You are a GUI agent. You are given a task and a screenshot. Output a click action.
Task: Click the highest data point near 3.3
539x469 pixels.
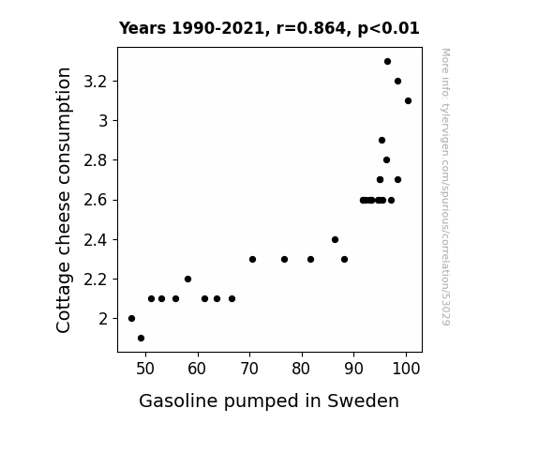(387, 62)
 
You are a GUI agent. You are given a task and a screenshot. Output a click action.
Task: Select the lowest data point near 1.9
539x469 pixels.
(141, 339)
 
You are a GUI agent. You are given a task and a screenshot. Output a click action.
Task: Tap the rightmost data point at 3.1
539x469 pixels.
(408, 100)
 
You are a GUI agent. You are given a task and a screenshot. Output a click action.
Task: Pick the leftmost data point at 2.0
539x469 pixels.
(131, 319)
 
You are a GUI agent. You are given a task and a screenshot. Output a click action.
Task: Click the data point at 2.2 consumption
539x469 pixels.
(187, 280)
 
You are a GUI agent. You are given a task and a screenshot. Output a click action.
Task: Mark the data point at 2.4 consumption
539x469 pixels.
(336, 239)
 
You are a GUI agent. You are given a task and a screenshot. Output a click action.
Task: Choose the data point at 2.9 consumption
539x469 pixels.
(382, 141)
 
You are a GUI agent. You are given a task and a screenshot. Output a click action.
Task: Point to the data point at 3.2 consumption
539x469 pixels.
(397, 82)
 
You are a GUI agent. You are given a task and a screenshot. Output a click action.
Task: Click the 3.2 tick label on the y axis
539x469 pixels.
(96, 82)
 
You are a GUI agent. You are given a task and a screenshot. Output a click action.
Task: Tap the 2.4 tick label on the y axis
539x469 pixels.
(96, 240)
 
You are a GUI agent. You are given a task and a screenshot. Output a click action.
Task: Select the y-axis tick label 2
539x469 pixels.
(103, 319)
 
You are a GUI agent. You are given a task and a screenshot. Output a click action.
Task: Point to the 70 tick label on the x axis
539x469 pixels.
(249, 369)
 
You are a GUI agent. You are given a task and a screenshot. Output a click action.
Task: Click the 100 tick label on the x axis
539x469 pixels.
(406, 369)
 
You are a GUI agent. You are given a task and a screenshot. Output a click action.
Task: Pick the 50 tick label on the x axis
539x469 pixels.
(145, 369)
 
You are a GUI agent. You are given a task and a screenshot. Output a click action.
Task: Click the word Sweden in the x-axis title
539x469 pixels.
(363, 401)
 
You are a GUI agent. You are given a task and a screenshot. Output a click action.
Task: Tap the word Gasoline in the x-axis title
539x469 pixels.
(178, 401)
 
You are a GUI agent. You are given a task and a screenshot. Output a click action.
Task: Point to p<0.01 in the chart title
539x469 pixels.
(388, 29)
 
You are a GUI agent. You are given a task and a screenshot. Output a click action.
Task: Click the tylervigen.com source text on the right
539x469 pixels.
(445, 187)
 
